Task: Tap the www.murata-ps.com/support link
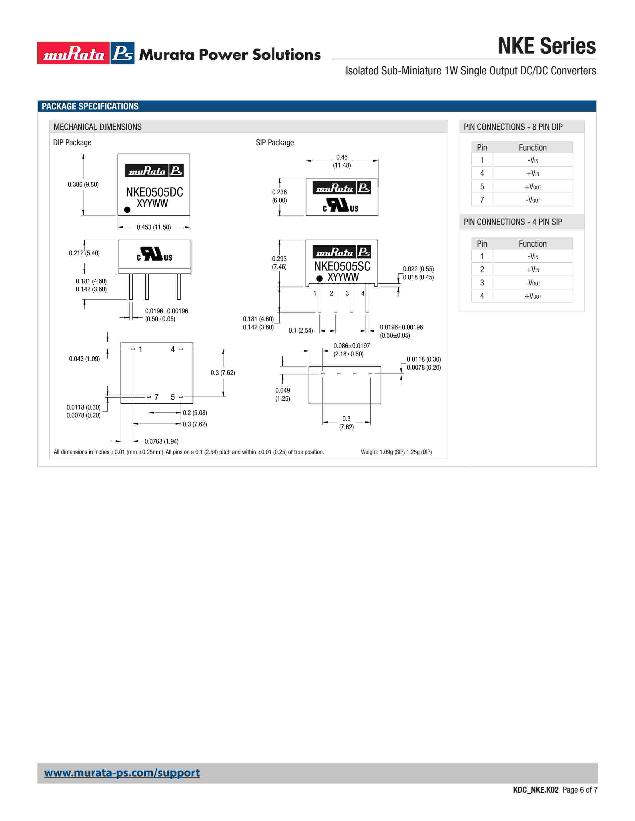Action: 122,772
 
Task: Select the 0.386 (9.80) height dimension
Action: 83,184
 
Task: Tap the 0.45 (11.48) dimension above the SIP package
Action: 342,161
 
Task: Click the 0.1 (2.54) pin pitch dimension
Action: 301,330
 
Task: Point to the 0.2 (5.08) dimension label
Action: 195,413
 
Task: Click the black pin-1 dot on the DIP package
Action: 127,210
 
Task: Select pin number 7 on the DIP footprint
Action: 156,397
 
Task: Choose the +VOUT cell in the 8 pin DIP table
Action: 533,187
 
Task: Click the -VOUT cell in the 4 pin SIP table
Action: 533,283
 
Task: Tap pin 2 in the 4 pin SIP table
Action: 482,269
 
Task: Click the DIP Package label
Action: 72,143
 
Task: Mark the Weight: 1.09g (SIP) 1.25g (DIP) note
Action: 396,452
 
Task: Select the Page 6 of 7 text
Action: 580,790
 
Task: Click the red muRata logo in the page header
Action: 73,53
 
